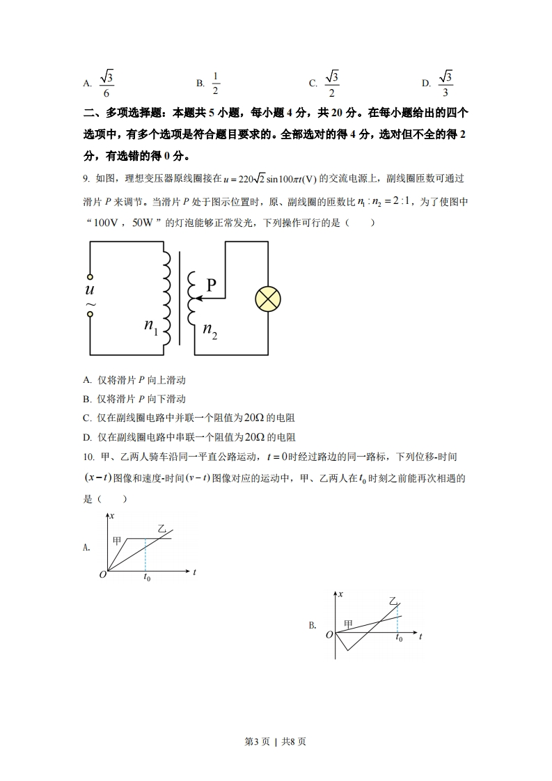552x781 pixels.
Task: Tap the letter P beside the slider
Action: pos(212,284)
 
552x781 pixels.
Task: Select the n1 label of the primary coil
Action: pos(151,324)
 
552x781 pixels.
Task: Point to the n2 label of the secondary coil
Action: pos(210,331)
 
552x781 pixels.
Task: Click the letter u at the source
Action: pos(90,290)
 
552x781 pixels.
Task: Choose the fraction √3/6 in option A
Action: pos(106,84)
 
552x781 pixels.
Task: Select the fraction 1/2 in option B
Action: pos(216,84)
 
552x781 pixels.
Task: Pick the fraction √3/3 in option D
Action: pos(445,84)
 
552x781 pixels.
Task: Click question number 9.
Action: pos(86,179)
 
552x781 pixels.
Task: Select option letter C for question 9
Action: pos(87,418)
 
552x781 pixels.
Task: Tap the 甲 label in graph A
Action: pos(117,539)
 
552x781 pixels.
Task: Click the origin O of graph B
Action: pos(329,635)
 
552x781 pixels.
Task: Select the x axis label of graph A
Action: pos(112,516)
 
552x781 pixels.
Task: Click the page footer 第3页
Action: pos(258,741)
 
